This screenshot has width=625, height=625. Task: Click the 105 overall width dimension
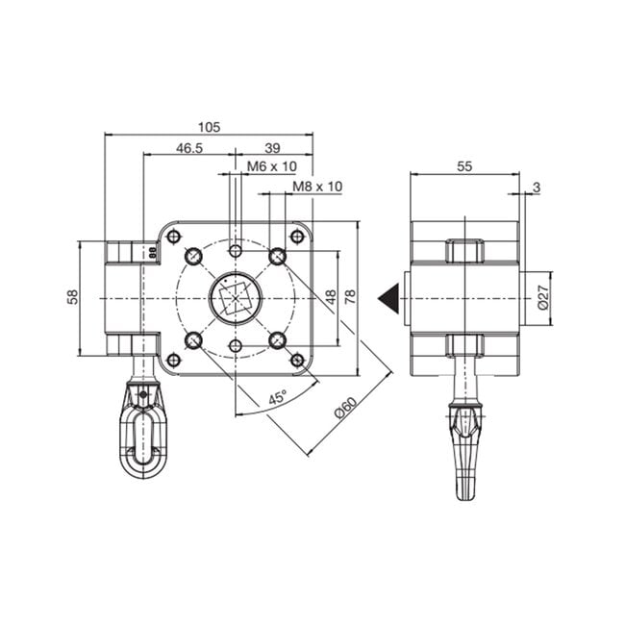click(210, 127)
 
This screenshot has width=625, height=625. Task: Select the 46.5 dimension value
click(189, 148)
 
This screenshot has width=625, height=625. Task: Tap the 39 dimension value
click(272, 148)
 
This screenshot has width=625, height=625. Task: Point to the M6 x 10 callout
click(272, 166)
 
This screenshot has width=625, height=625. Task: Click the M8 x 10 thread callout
click(317, 186)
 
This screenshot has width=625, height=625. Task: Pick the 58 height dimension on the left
click(73, 298)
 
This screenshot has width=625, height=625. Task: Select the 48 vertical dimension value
click(331, 298)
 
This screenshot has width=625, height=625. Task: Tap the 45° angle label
click(276, 396)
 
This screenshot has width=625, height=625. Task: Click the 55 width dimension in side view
click(464, 165)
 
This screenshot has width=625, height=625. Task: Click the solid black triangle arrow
click(388, 298)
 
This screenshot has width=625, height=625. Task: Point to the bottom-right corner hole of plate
click(297, 360)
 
